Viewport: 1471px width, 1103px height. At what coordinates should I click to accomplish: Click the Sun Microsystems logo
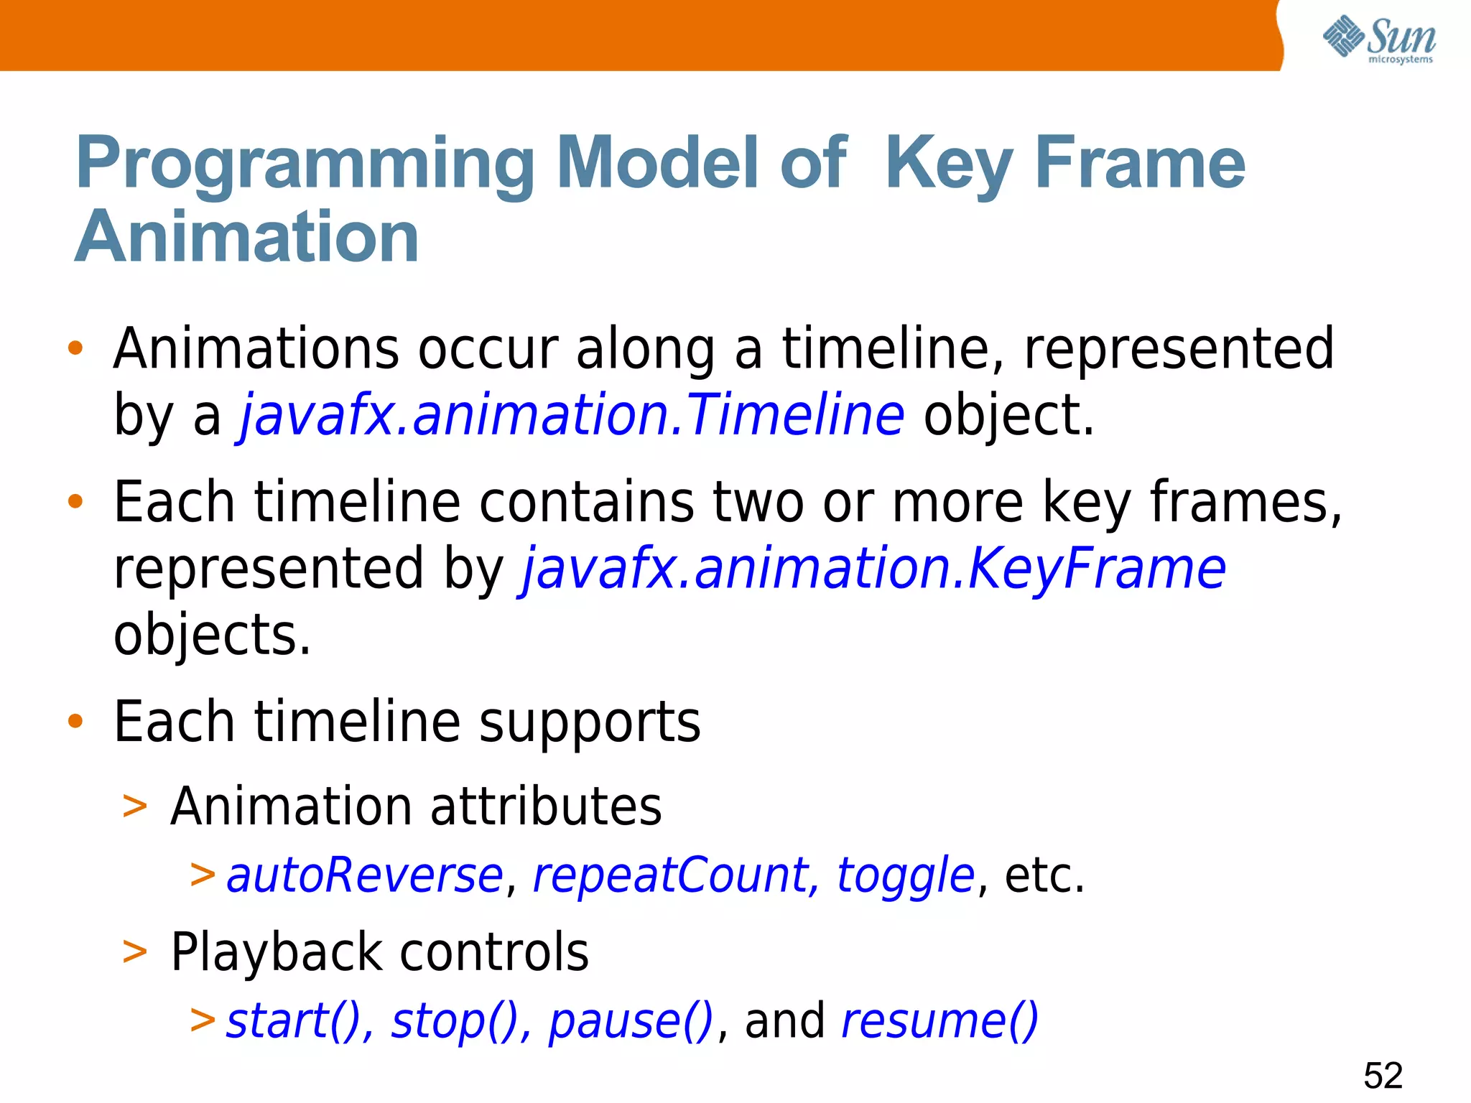click(1379, 39)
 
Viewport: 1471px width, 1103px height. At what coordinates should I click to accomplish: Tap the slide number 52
click(1383, 1075)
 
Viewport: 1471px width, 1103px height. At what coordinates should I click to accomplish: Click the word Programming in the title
click(305, 165)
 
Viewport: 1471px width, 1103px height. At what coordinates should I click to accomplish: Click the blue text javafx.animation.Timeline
click(572, 415)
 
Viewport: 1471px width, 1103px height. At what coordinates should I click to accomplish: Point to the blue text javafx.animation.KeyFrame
click(872, 569)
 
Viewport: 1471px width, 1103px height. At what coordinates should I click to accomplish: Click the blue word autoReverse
click(365, 876)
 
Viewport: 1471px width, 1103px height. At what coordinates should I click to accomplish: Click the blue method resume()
click(939, 1021)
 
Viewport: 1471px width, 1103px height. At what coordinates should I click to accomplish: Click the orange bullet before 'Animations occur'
click(75, 349)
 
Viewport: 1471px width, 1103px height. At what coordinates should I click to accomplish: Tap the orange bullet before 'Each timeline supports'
click(75, 721)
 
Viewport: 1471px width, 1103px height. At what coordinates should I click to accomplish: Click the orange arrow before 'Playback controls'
click(135, 952)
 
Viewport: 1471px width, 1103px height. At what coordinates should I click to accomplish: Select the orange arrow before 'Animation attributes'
click(135, 806)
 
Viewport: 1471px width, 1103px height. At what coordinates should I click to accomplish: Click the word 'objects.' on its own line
click(212, 635)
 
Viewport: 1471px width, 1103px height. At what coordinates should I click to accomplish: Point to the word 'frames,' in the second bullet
click(1245, 503)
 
